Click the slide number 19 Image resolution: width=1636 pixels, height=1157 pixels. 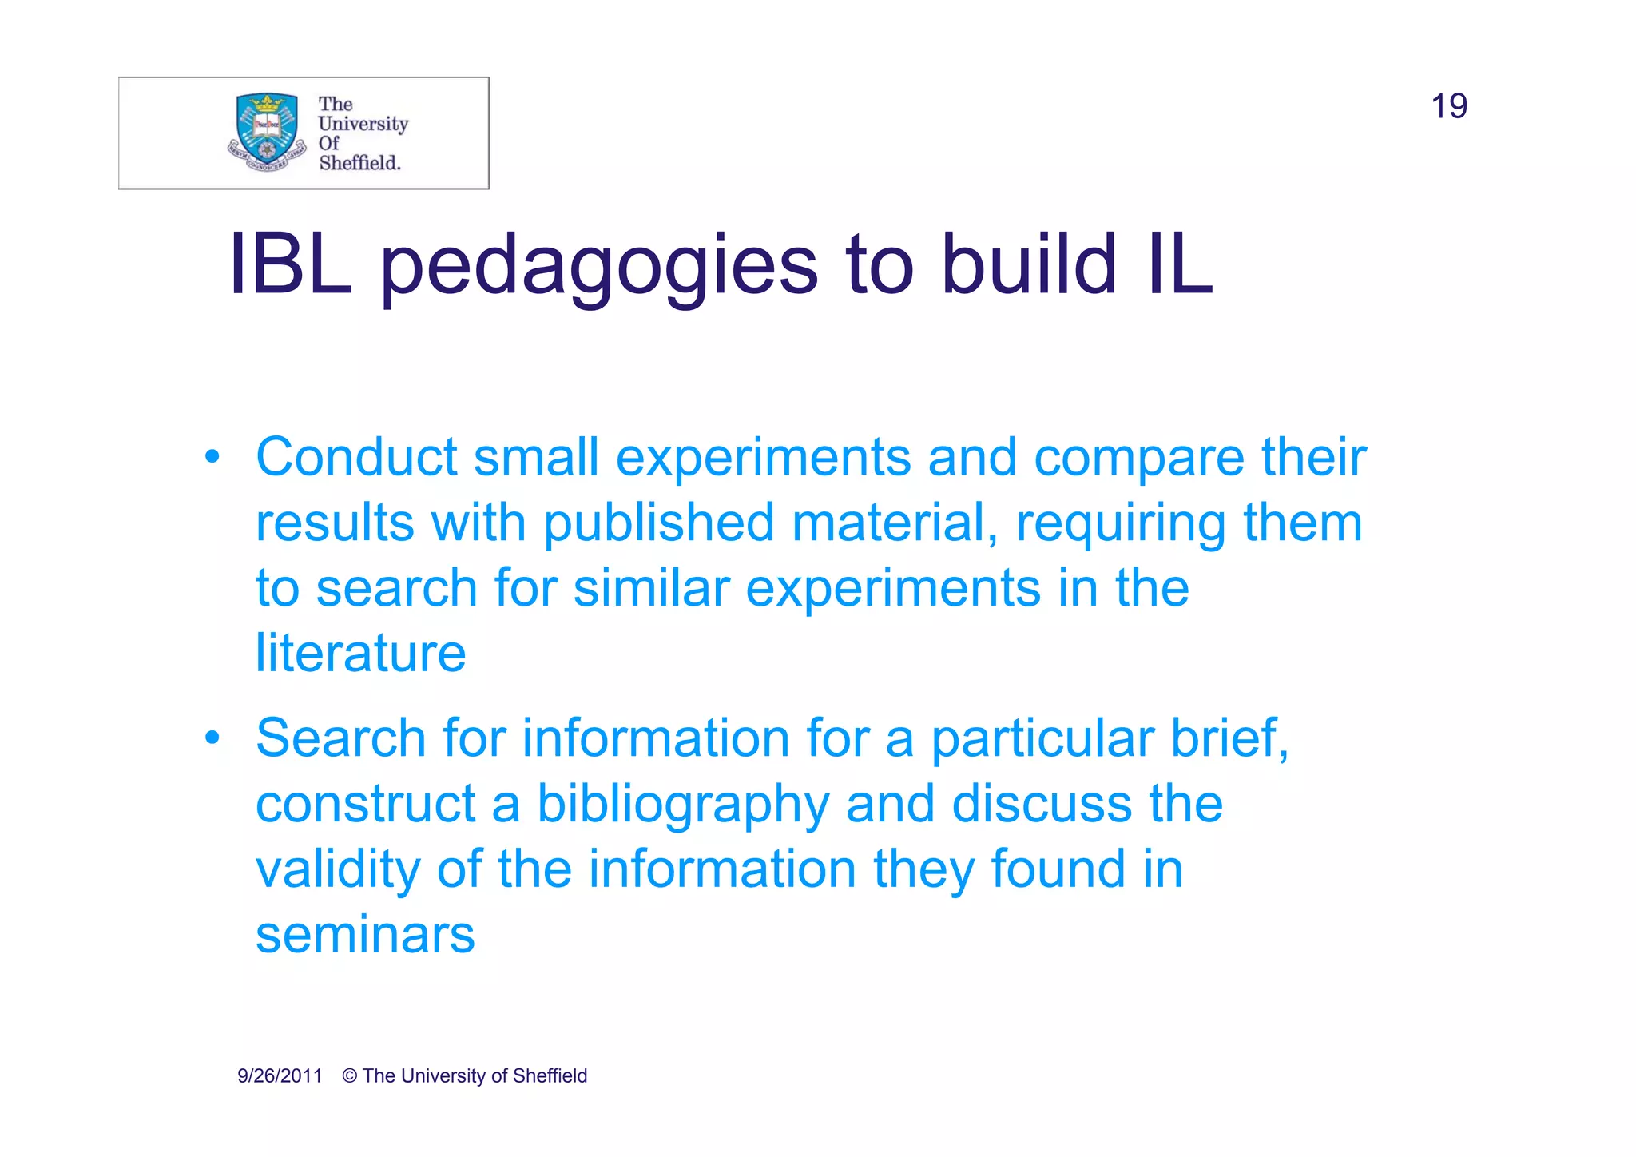pyautogui.click(x=1448, y=106)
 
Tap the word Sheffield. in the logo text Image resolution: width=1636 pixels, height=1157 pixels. pyautogui.click(x=359, y=163)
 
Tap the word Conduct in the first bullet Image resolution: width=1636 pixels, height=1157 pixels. pyautogui.click(x=356, y=457)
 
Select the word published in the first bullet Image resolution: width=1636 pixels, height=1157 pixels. pyautogui.click(x=659, y=523)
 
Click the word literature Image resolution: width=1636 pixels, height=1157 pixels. pyautogui.click(x=360, y=654)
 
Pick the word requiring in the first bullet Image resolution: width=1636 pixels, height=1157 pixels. pyautogui.click(x=1120, y=523)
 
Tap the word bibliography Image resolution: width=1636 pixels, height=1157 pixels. pyautogui.click(x=683, y=805)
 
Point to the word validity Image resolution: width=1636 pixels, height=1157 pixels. pyautogui.click(x=337, y=869)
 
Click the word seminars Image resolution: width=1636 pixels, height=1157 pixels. pyautogui.click(x=365, y=935)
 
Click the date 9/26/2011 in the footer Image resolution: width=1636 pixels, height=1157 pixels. pyautogui.click(x=280, y=1076)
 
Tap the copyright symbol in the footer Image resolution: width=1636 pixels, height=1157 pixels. pyautogui.click(x=350, y=1076)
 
